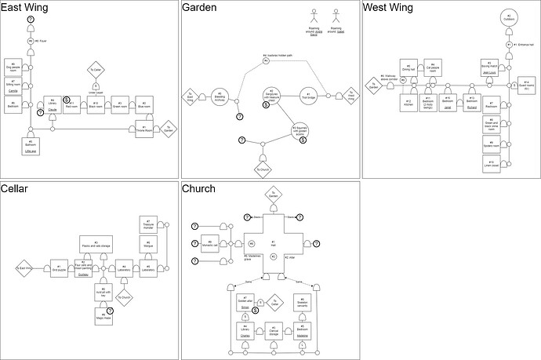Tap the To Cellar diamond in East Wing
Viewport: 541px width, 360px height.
point(96,69)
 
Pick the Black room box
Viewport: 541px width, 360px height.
point(95,104)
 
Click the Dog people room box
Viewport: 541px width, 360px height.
point(13,66)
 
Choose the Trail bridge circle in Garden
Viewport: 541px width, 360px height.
point(309,96)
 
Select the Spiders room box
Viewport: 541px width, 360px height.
point(491,144)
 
